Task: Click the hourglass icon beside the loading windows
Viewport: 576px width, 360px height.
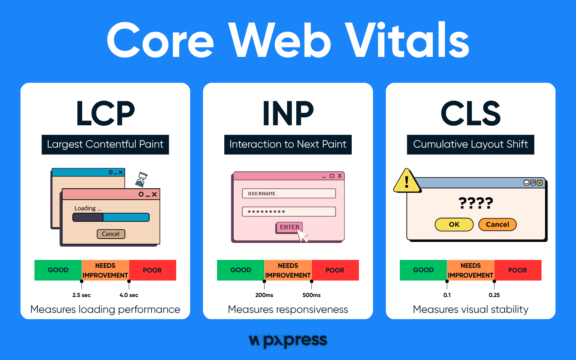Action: [x=141, y=179]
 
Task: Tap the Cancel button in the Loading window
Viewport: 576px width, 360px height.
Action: [x=111, y=234]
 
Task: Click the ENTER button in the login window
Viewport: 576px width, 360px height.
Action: [x=289, y=227]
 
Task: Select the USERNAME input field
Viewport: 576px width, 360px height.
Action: [x=289, y=194]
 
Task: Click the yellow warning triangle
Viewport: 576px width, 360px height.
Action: [x=407, y=181]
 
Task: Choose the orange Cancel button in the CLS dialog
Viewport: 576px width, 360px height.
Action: [x=497, y=225]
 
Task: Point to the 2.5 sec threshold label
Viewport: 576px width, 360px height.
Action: [x=81, y=295]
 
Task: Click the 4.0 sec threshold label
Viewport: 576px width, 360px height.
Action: [x=129, y=295]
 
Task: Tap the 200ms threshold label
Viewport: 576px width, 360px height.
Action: [x=264, y=295]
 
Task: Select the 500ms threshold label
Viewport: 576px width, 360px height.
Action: [x=311, y=295]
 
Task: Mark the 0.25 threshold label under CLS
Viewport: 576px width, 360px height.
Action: [x=494, y=295]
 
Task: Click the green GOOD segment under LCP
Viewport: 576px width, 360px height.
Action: [x=58, y=270]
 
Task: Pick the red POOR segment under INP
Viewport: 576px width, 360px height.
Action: [x=335, y=270]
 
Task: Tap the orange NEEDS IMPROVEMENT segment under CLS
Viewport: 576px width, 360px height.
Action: [x=471, y=270]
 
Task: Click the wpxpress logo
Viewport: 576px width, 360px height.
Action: [x=288, y=340]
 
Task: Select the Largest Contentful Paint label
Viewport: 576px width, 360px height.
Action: [x=105, y=144]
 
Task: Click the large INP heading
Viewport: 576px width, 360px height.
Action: [x=288, y=113]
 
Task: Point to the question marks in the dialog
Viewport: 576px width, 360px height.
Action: [x=476, y=203]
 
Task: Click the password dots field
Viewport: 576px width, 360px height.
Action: [x=289, y=211]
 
